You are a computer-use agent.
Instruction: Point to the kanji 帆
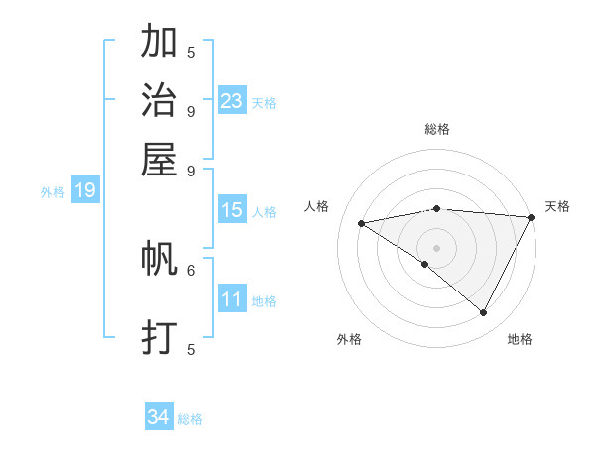(x=159, y=259)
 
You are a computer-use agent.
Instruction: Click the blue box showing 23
(x=232, y=101)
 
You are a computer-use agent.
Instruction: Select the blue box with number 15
(x=232, y=210)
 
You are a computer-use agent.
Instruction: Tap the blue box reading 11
(x=232, y=299)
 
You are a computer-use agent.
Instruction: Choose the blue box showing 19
(x=85, y=190)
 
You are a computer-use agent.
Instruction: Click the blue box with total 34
(x=159, y=418)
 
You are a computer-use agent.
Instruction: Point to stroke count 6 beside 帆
(x=191, y=269)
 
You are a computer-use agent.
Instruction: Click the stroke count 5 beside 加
(x=191, y=52)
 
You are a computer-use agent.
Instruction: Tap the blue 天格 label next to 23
(x=264, y=103)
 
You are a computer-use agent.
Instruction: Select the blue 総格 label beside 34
(x=190, y=420)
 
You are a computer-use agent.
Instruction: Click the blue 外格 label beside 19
(x=53, y=192)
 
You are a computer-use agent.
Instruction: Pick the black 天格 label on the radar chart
(x=557, y=206)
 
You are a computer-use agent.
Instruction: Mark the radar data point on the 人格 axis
(x=362, y=223)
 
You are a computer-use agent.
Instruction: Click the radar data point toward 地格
(x=484, y=313)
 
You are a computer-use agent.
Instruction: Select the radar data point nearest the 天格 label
(x=531, y=217)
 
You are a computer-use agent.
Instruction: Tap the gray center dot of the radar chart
(x=436, y=247)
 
